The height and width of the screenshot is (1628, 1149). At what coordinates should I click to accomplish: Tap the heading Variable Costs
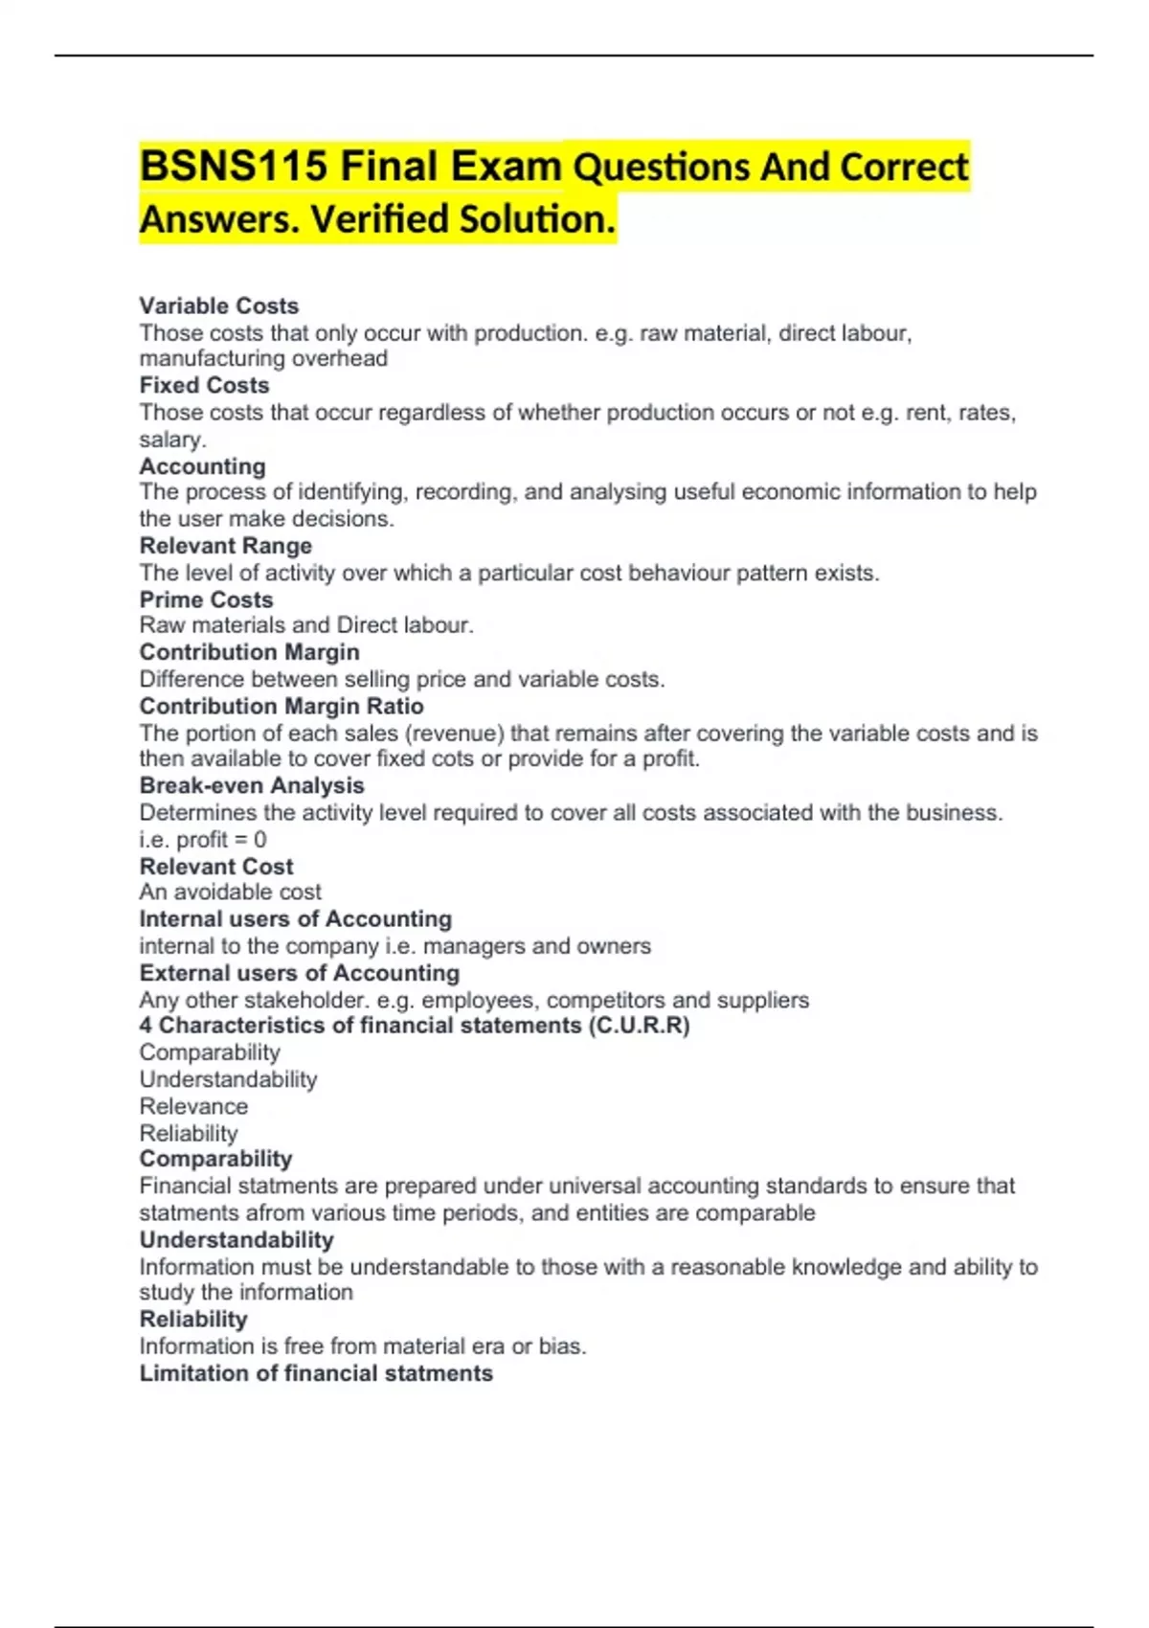[218, 305]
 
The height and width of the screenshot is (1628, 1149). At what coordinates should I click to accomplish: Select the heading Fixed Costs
[204, 385]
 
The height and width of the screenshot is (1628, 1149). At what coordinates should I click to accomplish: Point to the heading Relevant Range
[225, 546]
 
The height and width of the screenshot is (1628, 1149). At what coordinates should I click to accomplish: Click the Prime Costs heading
[206, 599]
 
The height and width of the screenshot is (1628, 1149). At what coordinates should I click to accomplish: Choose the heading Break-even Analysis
[251, 785]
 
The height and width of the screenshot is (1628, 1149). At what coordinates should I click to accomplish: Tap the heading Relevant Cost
[215, 866]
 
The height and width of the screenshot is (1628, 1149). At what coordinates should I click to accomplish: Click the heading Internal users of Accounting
[295, 918]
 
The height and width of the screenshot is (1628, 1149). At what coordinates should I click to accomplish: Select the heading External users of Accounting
[299, 973]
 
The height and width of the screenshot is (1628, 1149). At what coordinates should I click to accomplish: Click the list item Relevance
[193, 1106]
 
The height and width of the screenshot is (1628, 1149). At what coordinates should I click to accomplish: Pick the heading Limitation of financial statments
[316, 1373]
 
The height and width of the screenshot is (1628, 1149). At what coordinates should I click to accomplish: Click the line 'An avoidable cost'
[230, 893]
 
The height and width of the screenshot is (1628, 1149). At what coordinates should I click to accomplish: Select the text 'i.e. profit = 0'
[203, 840]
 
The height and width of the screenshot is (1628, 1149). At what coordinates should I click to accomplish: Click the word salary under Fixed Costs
[171, 440]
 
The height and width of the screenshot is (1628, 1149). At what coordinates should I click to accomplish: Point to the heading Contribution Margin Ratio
[282, 706]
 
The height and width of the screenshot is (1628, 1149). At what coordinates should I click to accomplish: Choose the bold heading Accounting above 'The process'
[202, 466]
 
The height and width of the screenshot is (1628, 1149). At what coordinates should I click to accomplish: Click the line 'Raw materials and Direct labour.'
[306, 625]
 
